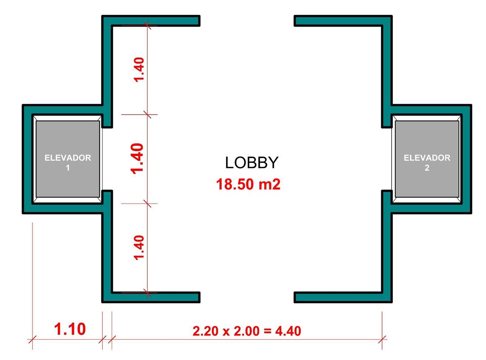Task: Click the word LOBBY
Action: pyautogui.click(x=251, y=163)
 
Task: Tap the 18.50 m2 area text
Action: pyautogui.click(x=248, y=184)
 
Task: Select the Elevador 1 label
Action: pyautogui.click(x=68, y=162)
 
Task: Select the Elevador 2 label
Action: pyautogui.click(x=427, y=162)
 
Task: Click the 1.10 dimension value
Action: pyautogui.click(x=70, y=329)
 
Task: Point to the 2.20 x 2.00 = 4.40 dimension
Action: pyautogui.click(x=247, y=331)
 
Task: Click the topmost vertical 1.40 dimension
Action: pyautogui.click(x=139, y=70)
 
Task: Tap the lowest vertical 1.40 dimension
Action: pyautogui.click(x=139, y=248)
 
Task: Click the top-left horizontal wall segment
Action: pyautogui.click(x=155, y=21)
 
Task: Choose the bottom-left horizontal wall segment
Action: pyautogui.click(x=155, y=297)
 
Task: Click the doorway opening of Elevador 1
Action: pyautogui.click(x=107, y=159)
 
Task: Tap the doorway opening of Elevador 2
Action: pyautogui.click(x=387, y=159)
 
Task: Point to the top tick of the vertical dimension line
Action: pyautogui.click(x=148, y=26)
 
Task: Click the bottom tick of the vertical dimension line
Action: pyautogui.click(x=148, y=293)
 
